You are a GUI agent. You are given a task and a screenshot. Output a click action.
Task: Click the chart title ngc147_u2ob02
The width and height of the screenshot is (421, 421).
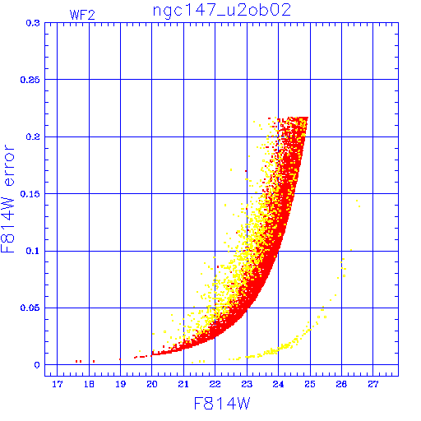click(221, 11)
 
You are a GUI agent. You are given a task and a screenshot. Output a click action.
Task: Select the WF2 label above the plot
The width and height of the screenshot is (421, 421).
click(82, 15)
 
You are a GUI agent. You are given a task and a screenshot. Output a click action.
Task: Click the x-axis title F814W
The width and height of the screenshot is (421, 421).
click(222, 404)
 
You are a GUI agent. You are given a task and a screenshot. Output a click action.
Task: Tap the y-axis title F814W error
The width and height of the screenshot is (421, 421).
click(8, 199)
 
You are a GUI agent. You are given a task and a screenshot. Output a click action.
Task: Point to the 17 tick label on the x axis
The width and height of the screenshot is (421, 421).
click(58, 384)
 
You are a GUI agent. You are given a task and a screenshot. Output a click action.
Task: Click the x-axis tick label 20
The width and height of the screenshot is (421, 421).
click(152, 384)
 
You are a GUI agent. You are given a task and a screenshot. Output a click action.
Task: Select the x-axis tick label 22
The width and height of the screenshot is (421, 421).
click(215, 384)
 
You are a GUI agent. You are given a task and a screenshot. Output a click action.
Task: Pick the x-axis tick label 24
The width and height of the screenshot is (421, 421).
click(278, 384)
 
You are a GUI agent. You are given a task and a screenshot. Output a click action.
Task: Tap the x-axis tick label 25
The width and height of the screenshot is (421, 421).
click(310, 384)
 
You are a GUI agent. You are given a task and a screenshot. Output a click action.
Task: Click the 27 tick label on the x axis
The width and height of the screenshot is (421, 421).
click(373, 384)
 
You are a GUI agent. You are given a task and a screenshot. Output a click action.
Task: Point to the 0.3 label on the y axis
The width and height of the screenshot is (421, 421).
click(33, 23)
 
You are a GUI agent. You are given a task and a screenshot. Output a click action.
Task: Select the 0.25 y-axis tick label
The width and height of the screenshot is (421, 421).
click(30, 80)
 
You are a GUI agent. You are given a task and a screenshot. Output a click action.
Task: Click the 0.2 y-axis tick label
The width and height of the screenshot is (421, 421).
click(33, 136)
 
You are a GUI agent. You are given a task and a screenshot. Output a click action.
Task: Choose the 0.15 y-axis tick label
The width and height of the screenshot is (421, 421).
click(30, 194)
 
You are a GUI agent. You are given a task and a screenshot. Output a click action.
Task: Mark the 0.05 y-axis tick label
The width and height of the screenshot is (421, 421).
click(30, 308)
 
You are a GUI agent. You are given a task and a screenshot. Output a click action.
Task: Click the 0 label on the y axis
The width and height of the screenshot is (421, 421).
click(37, 365)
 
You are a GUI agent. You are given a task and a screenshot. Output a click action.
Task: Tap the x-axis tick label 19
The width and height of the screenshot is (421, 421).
click(120, 384)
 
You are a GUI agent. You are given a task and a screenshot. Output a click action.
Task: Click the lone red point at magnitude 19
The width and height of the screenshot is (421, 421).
click(120, 359)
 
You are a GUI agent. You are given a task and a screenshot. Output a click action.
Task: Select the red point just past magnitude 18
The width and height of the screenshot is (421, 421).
click(94, 362)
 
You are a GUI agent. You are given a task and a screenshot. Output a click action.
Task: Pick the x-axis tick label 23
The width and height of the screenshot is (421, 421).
click(247, 384)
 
